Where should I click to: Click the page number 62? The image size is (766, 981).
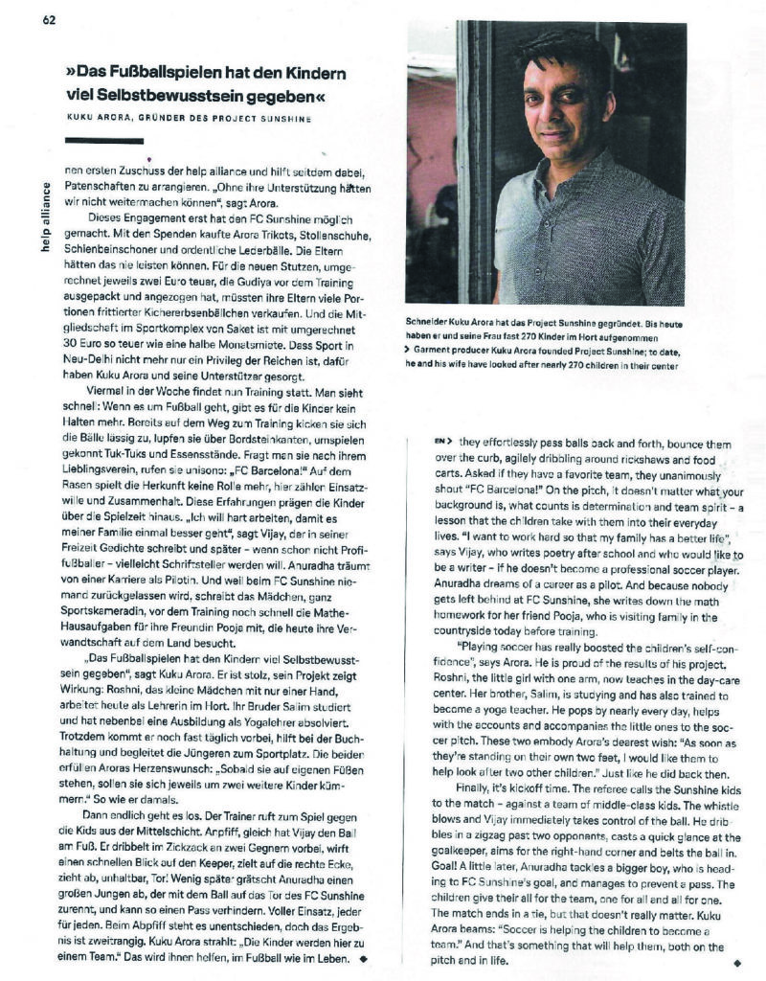(x=49, y=20)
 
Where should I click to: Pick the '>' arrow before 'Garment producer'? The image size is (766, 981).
(x=410, y=352)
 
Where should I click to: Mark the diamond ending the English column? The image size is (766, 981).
(x=735, y=961)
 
